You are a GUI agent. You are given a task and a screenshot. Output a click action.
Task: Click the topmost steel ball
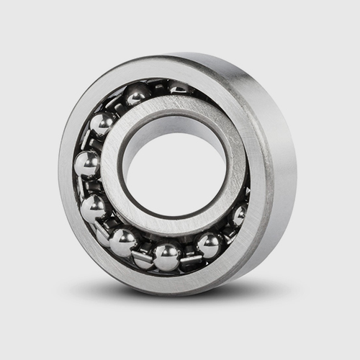[137, 93]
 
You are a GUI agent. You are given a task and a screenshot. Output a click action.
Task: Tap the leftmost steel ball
[87, 164]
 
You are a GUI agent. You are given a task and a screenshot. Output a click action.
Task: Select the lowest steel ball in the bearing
[166, 256]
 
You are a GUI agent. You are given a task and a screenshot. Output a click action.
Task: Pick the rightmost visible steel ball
[239, 214]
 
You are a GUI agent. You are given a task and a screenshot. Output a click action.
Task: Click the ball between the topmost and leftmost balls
[102, 124]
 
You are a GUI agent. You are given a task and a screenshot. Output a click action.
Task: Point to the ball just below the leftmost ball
[93, 208]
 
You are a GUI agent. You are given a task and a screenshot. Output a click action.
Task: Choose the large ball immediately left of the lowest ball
[123, 242]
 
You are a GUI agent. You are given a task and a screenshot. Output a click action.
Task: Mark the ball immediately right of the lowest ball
[209, 245]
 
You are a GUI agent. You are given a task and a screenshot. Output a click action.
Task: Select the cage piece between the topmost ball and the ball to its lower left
[117, 106]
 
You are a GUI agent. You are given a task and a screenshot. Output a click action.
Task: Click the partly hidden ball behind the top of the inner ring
[177, 88]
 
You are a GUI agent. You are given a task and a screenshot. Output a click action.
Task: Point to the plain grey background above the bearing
[180, 25]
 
